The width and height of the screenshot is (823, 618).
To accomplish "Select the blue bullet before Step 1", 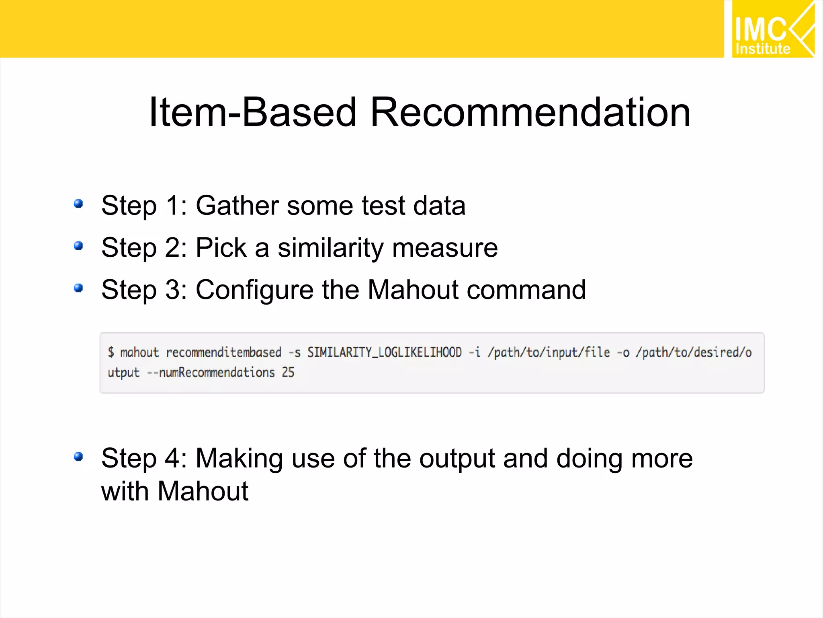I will pos(78,204).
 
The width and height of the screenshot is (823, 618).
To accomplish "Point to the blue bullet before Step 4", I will pos(78,457).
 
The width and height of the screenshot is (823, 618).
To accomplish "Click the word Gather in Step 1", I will pos(237,206).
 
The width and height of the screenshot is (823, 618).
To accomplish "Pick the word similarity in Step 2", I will pos(330,248).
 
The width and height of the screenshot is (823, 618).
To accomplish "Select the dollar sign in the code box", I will pos(111,352).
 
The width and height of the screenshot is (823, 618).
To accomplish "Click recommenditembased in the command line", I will pos(223,352).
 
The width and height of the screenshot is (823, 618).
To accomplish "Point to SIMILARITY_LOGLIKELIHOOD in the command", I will pos(385,352).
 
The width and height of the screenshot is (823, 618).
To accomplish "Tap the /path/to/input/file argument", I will pos(549,352).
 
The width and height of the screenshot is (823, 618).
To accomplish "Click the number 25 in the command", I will pos(288,373).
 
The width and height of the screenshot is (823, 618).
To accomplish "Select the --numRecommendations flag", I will pos(211,373).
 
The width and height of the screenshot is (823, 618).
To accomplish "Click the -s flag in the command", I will pos(295,352).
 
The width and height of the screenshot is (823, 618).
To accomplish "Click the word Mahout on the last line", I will pos(203,491).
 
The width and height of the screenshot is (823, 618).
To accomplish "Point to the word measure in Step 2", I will pos(445,248).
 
